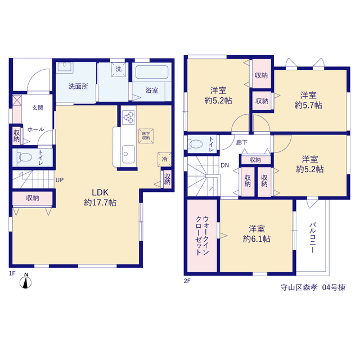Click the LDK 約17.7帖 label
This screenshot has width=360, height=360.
100,197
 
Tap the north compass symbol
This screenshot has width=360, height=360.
25,281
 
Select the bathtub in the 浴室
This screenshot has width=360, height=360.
152,72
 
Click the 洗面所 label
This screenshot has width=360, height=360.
78,87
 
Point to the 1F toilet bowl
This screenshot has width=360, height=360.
24,157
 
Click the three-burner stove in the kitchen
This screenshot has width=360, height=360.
128,118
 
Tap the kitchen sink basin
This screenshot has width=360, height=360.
128,154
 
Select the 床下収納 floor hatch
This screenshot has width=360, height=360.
146,136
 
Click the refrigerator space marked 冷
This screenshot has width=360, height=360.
164,159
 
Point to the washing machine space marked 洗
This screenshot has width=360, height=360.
119,69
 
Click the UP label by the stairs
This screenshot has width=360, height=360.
60,180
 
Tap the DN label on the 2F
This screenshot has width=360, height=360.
225,165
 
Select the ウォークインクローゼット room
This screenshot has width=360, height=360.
202,236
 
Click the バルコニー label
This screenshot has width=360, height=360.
312,237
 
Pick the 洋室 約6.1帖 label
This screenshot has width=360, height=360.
256,234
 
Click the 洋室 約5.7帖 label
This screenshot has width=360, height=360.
308,100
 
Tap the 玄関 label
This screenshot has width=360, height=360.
38,107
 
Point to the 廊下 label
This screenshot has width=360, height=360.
242,142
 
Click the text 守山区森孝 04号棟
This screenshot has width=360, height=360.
313,287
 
